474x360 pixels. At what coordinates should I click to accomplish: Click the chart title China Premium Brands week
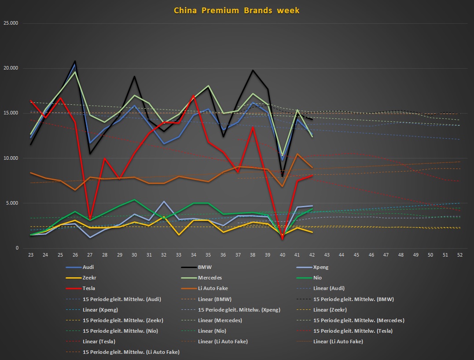pos(237,11)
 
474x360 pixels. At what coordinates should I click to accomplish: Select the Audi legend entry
pos(88,267)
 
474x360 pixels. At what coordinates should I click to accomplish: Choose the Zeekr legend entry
pos(89,278)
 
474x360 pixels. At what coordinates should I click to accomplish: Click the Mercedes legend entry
pos(212,278)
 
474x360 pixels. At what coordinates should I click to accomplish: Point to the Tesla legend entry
pos(89,288)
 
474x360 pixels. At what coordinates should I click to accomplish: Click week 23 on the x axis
pos(31,255)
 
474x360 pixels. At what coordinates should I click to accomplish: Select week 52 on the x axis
pos(460,255)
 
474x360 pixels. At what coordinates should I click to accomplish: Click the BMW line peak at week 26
pos(75,61)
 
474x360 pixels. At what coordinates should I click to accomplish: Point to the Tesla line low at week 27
pos(90,219)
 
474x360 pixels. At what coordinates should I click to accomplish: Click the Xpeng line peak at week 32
pos(164,202)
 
